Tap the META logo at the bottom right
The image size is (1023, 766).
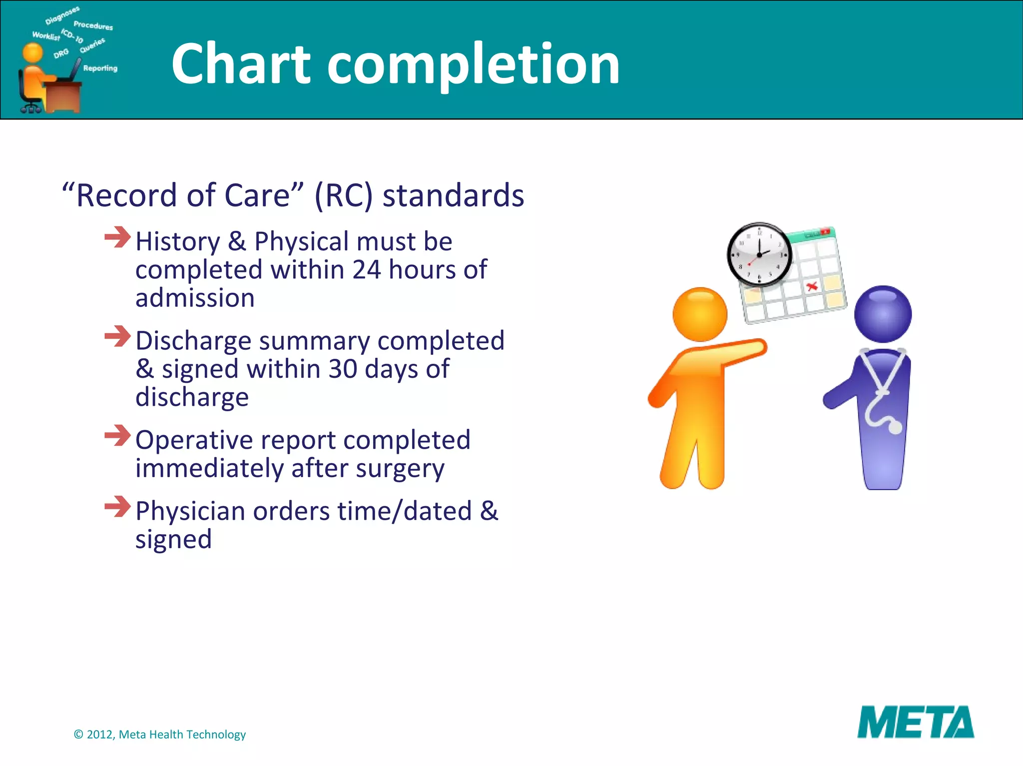click(x=915, y=722)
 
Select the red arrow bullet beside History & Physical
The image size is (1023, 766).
click(x=117, y=237)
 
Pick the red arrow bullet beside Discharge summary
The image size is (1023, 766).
click(x=117, y=336)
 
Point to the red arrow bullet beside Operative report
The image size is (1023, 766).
click(x=117, y=435)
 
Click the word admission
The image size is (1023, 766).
click(x=195, y=298)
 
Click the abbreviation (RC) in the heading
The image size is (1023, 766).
click(x=343, y=195)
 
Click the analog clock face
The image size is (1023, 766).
click(x=759, y=254)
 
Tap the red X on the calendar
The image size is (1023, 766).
click(x=812, y=286)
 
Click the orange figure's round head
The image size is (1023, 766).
click(x=700, y=314)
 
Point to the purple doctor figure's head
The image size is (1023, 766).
click(x=883, y=314)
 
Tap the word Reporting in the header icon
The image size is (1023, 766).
click(x=100, y=68)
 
